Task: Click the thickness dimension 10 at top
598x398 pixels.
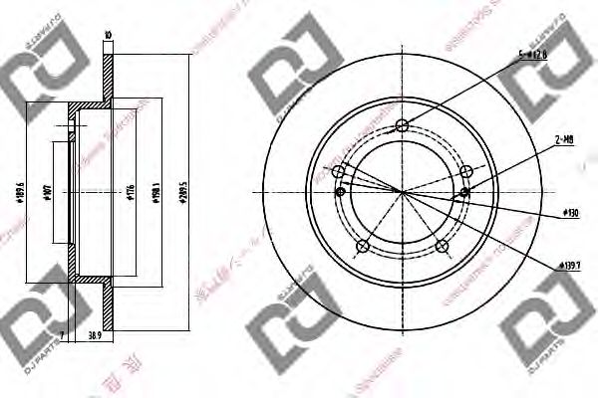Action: point(107,37)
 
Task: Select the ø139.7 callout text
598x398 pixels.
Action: point(569,265)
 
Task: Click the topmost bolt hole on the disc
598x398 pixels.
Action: point(401,125)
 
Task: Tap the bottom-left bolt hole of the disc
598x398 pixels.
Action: point(363,246)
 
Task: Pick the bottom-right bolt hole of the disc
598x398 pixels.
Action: point(440,245)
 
